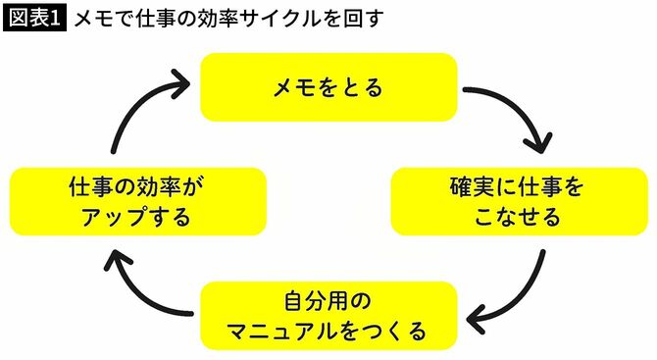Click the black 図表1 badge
[x=35, y=19]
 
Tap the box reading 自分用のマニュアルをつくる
[x=328, y=315]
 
